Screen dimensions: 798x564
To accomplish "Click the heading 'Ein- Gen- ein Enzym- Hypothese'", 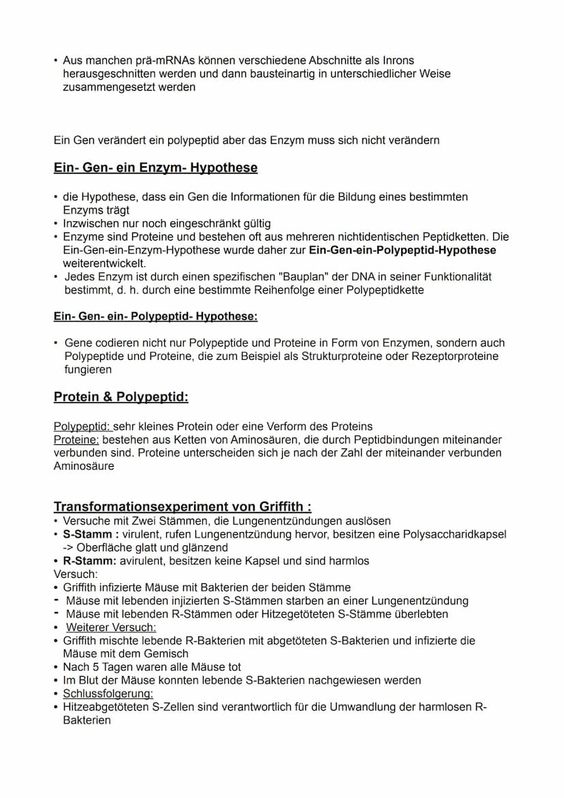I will point(155,168).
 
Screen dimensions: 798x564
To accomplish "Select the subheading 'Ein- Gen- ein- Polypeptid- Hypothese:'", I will point(155,316).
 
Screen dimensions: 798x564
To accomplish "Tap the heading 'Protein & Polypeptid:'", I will point(121,397).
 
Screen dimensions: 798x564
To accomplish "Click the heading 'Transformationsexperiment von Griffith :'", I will point(183,506).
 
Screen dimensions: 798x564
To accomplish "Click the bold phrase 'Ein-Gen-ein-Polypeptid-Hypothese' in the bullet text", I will point(402,250).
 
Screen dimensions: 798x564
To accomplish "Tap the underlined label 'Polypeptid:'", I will point(82,427).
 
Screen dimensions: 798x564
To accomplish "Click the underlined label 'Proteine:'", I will point(76,440).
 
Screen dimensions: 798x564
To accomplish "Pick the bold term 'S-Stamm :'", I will point(91,534).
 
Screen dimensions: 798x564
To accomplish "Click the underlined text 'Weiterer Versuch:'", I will point(111,627).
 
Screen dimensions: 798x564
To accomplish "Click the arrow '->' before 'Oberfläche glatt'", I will point(67,547).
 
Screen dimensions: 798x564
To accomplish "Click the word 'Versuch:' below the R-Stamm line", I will point(75,574).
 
